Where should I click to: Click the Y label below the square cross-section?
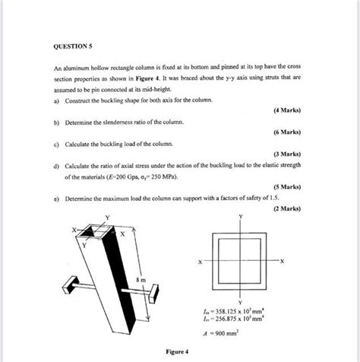tap(241, 302)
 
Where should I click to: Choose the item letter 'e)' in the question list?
tap(56, 195)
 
